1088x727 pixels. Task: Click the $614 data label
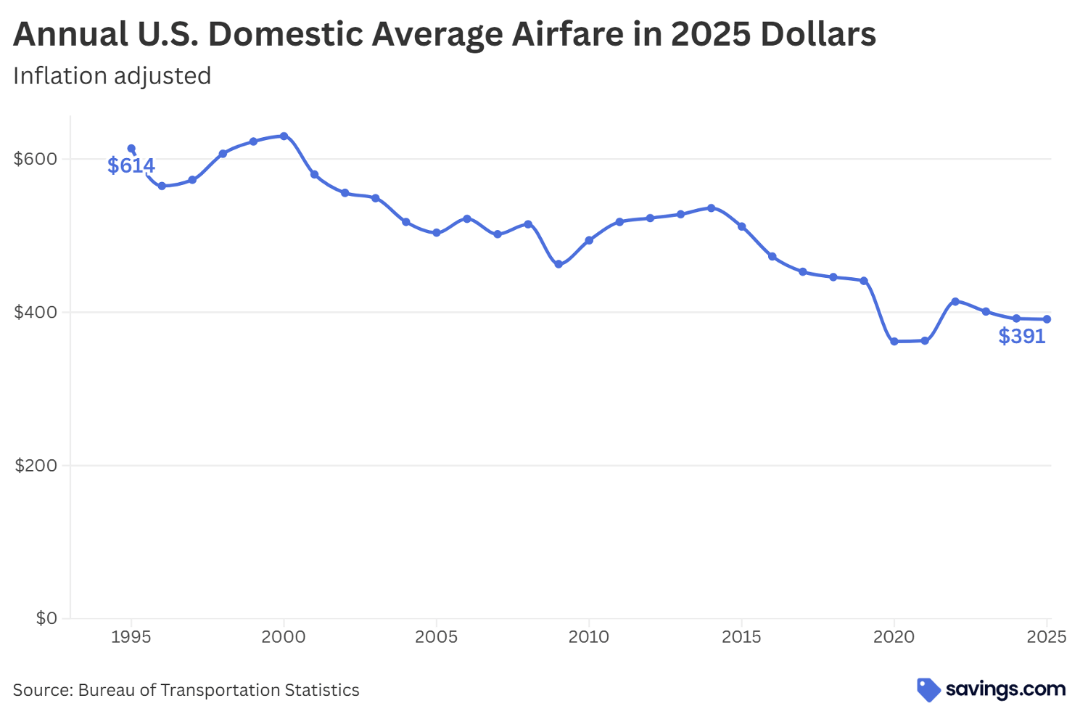(131, 165)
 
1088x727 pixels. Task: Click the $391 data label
(1021, 336)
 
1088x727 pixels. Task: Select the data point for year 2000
(284, 136)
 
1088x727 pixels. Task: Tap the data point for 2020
(894, 341)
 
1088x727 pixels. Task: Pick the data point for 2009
(559, 264)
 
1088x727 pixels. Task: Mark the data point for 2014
(711, 208)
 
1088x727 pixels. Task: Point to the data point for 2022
(955, 301)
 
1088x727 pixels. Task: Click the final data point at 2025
(1047, 319)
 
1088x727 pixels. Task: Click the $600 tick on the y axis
(36, 159)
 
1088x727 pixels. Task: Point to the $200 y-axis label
(36, 465)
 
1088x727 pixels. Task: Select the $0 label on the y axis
(46, 618)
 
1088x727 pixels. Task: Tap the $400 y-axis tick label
(36, 312)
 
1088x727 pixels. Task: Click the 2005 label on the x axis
(436, 637)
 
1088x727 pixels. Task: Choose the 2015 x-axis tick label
(741, 637)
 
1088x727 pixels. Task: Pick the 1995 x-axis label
(131, 637)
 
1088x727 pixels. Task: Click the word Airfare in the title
(565, 34)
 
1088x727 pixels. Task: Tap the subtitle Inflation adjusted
(112, 75)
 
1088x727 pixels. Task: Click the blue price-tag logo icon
(928, 689)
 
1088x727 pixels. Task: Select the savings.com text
(1005, 689)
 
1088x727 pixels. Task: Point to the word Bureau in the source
(106, 690)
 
